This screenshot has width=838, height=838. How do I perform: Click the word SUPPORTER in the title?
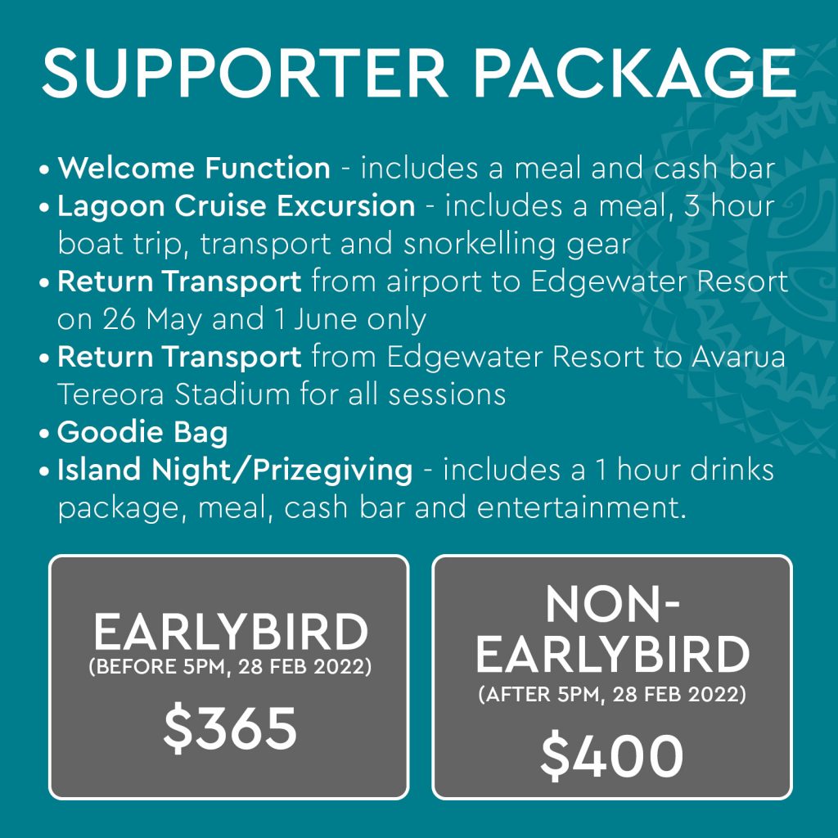pos(245,73)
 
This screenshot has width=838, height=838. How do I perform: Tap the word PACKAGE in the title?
pos(635,73)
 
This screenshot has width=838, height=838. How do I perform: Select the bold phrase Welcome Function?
pos(194,168)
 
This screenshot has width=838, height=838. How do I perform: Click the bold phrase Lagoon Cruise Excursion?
pos(237,205)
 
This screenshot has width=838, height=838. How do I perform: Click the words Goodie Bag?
pos(142,432)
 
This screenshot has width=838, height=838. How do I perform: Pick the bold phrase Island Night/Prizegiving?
pos(235,471)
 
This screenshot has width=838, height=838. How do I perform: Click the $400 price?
pos(612,755)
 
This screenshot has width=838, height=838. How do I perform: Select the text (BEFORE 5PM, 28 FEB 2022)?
pos(230,667)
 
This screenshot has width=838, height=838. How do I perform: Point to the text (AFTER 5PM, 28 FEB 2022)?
pos(612,694)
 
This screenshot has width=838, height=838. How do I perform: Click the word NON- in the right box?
pos(612,605)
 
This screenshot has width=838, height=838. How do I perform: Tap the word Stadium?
pos(232,394)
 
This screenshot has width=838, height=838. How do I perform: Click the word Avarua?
pos(738,357)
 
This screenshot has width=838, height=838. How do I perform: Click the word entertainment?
pos(582,507)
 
